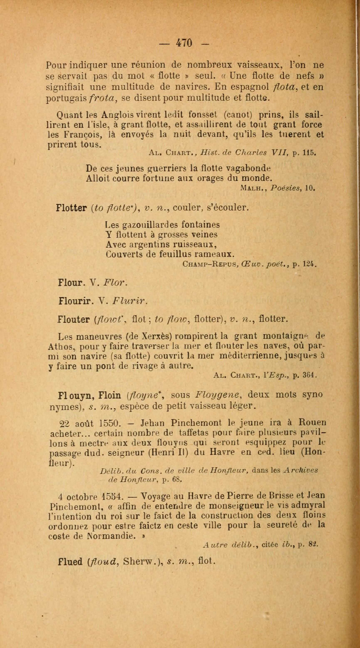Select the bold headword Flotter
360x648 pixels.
pyautogui.click(x=71, y=208)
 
